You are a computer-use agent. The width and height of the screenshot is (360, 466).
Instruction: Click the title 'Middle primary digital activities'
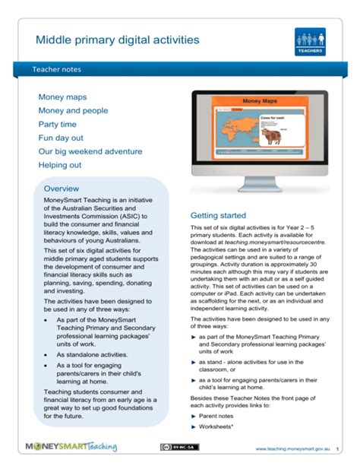point(118,38)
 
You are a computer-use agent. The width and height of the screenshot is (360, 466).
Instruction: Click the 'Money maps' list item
point(62,97)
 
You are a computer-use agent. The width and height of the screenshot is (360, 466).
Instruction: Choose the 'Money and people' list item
point(74,111)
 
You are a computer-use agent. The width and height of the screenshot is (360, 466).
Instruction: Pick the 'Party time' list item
point(57,125)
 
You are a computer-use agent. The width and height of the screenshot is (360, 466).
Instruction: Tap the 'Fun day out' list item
point(61,138)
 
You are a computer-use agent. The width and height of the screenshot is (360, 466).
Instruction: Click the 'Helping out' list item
point(60,165)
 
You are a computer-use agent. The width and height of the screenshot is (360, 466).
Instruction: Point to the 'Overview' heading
point(62,188)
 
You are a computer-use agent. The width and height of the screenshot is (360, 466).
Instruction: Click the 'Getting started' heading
point(218,215)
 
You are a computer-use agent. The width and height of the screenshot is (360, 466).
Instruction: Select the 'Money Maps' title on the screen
point(260,100)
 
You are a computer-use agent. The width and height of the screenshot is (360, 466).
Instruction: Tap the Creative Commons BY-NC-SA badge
point(180,447)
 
